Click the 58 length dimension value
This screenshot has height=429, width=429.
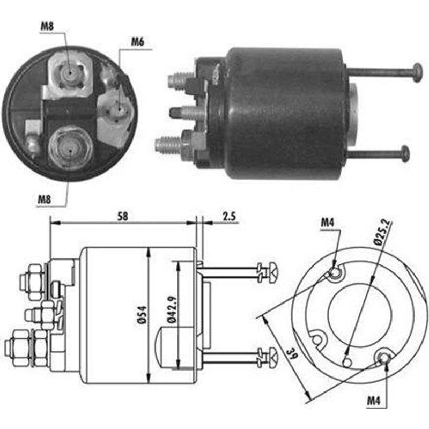(123, 216)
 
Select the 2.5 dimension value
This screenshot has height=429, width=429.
(229, 217)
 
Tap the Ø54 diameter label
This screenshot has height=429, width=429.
(142, 315)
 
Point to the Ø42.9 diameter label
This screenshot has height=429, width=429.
(172, 309)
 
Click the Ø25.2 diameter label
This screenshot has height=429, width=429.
(382, 231)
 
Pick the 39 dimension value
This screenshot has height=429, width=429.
(292, 354)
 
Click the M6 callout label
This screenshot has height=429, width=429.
(138, 42)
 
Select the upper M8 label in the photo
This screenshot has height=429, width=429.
(47, 26)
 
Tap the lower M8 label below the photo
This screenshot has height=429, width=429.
(44, 199)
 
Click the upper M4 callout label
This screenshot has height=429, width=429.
(328, 223)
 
